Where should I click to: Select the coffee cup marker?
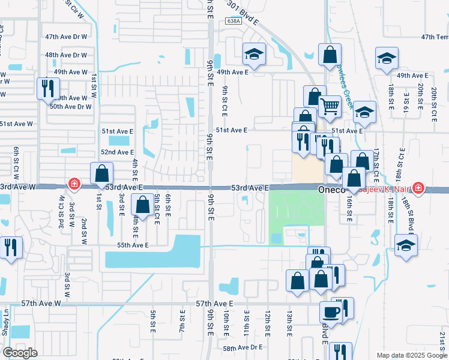point(331,310)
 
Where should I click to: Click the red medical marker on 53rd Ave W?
point(74,184)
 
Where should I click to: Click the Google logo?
point(20,352)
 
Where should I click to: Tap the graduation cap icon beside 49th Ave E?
point(255,55)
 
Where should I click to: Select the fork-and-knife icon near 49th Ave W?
point(46,89)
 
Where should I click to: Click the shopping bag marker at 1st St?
point(102,173)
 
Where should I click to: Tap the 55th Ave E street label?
point(132,245)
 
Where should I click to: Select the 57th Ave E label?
point(214,304)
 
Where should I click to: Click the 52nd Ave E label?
point(116,152)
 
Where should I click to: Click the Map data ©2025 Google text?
point(411,355)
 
